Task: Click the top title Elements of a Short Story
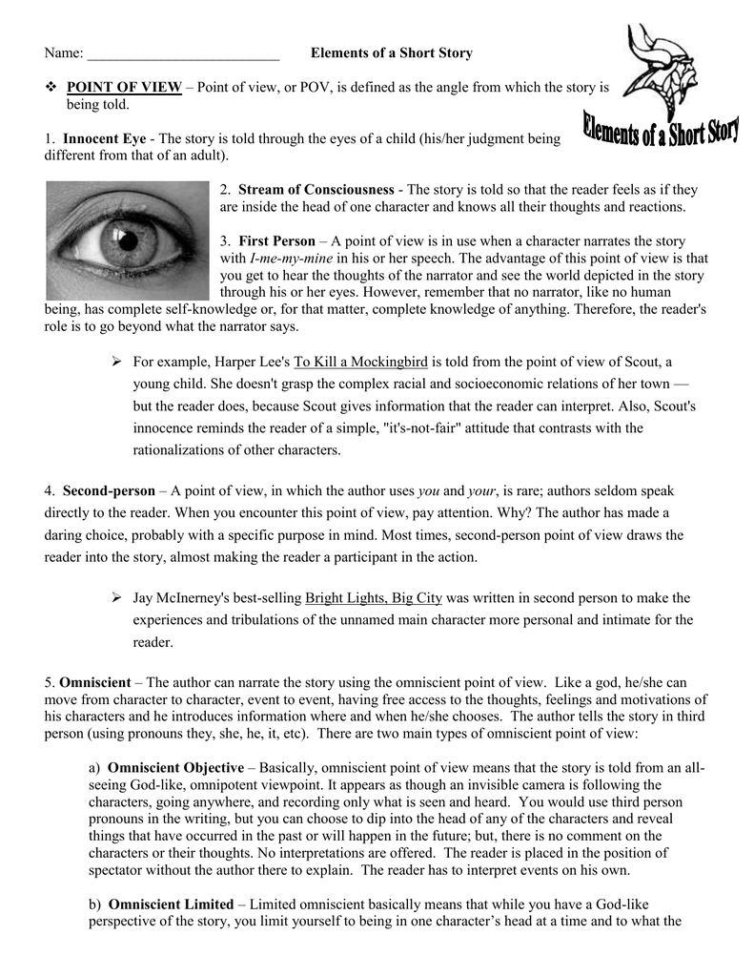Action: coord(391,53)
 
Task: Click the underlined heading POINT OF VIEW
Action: coord(124,88)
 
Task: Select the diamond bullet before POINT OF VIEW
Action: coord(51,88)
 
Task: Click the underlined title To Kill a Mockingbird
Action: coord(363,363)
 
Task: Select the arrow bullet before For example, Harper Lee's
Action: coord(117,363)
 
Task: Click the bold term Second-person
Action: coord(109,491)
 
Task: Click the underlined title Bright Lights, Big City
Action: coord(374,598)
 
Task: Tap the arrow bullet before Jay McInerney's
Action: coord(117,598)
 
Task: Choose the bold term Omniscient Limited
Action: coord(171,904)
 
